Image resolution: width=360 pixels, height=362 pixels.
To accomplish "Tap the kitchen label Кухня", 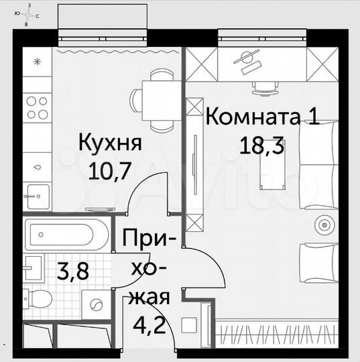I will [109, 143].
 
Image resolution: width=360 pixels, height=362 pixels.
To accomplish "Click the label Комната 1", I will [262, 117].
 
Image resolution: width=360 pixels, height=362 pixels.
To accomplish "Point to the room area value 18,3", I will [262, 145].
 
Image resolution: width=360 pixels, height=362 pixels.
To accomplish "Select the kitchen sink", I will [37, 164].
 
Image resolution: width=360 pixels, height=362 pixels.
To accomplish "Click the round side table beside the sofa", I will [324, 224].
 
